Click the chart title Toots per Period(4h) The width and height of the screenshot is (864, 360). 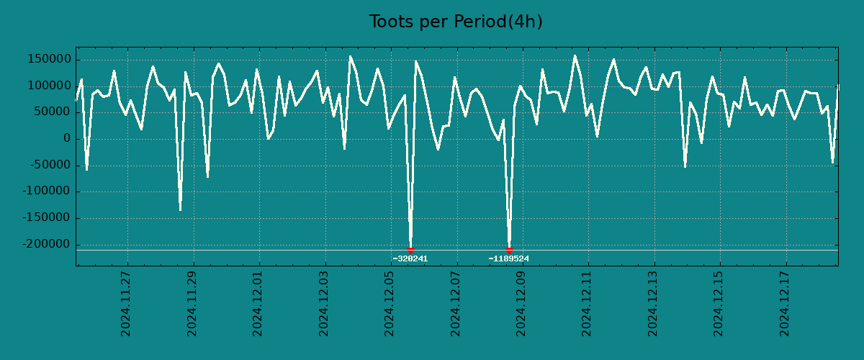click(x=456, y=22)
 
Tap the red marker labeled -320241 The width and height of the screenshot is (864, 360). click(x=410, y=250)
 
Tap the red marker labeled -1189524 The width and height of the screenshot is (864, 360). click(x=509, y=250)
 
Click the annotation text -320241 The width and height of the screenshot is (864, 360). click(x=410, y=258)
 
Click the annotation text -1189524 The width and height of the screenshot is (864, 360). click(x=508, y=258)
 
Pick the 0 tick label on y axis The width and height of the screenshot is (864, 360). click(x=66, y=138)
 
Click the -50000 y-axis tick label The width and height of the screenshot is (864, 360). click(x=48, y=165)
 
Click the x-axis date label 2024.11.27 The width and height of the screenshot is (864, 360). click(x=126, y=303)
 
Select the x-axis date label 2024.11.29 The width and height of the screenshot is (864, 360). click(x=192, y=303)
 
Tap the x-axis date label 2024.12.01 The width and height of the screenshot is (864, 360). click(x=258, y=303)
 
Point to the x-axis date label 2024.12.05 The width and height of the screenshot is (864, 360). click(x=390, y=303)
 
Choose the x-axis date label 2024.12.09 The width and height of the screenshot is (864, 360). click(x=521, y=303)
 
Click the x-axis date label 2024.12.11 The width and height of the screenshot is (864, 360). click(x=587, y=303)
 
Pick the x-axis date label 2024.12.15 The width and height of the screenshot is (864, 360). click(x=719, y=303)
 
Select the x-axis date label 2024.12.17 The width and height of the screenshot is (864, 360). click(x=785, y=303)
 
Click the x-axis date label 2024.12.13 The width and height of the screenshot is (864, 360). click(x=653, y=303)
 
